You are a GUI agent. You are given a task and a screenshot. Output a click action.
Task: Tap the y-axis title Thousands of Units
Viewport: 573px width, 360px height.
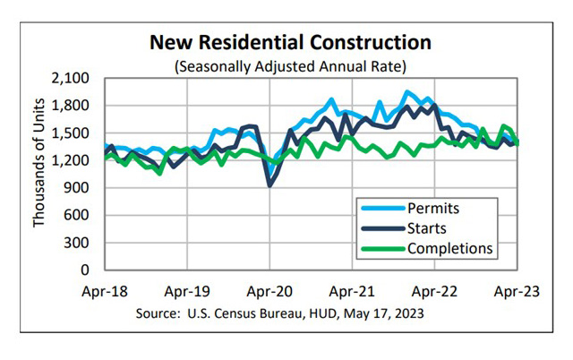pyautogui.click(x=40, y=173)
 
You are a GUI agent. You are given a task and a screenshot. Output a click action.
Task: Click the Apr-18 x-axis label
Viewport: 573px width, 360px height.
pyautogui.click(x=106, y=291)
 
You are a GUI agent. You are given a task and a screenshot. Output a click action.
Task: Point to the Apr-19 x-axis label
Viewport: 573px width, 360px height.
pyautogui.click(x=187, y=291)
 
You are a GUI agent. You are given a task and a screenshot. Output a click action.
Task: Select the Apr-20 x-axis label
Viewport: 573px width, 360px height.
pyautogui.click(x=269, y=291)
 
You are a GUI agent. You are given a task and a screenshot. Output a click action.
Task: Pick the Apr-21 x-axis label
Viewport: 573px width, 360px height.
pyautogui.click(x=352, y=291)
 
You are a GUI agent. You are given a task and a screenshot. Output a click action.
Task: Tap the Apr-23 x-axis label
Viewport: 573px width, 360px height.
pyautogui.click(x=516, y=291)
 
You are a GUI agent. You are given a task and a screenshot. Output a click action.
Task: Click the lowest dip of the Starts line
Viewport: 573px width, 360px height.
pyautogui.click(x=269, y=185)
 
